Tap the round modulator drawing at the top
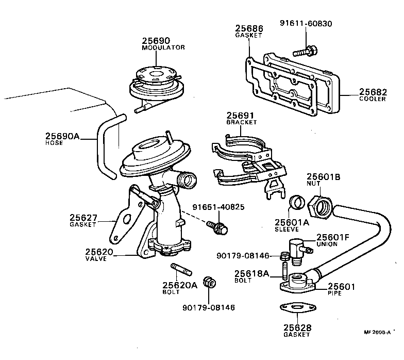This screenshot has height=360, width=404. click(155, 81)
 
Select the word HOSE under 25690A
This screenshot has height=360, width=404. click(55, 143)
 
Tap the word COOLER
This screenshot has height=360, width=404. click(373, 99)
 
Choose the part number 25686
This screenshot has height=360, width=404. click(249, 29)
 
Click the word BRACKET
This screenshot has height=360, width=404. click(241, 123)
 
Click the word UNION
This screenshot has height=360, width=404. click(327, 244)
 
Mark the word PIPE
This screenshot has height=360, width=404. click(335, 293)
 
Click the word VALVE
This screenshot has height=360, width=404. click(96, 259)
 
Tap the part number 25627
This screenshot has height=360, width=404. click(83, 217)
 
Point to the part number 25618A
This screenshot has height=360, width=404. click(251, 273)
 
